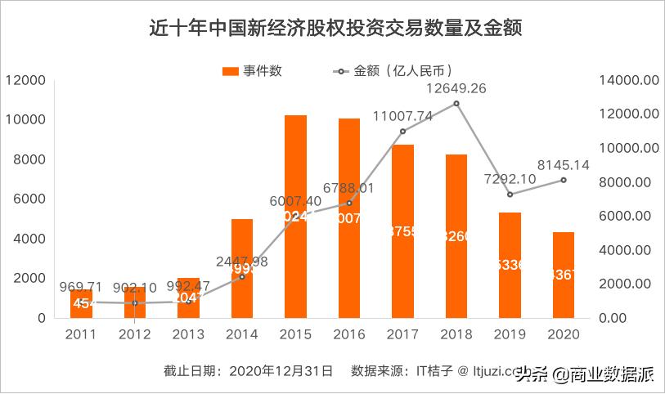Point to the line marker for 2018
point(456,103)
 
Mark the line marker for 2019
point(510,195)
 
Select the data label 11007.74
point(402,117)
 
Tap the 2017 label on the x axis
point(402,334)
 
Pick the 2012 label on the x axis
point(135,334)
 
